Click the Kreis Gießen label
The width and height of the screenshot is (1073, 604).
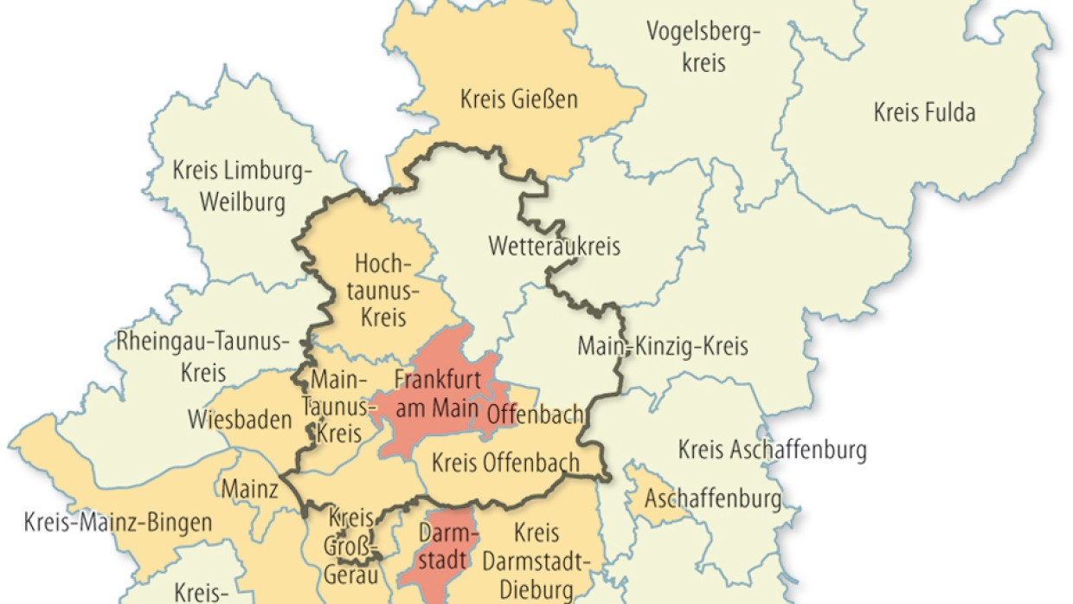coord(519,100)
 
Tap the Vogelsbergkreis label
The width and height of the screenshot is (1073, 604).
coord(703,48)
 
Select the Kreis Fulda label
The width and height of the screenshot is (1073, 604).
coord(924,112)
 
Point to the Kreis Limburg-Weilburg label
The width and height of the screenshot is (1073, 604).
coord(242,186)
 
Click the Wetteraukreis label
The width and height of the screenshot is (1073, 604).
coord(555,246)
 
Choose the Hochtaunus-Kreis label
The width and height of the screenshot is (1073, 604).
coord(381,290)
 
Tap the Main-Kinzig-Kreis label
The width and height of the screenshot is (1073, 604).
coord(663,347)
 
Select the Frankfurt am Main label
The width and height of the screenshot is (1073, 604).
coord(437,391)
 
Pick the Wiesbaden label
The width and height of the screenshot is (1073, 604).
coord(240,421)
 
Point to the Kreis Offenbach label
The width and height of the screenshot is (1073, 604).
coord(505,463)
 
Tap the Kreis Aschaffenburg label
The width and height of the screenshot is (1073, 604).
coord(772,450)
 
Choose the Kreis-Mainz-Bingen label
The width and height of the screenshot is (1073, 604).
coord(118,523)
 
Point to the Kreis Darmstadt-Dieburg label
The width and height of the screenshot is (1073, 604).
coord(536,561)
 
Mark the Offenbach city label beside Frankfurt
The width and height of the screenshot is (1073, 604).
coord(535,414)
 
